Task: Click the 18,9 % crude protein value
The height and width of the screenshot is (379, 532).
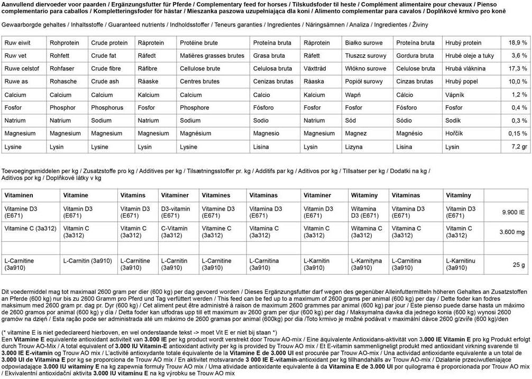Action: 518,43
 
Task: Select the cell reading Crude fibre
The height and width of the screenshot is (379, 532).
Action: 106,69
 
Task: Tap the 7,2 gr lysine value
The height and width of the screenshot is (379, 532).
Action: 518,147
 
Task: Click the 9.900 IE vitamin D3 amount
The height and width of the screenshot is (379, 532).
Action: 513,212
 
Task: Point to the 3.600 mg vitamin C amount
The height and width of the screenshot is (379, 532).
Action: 512,232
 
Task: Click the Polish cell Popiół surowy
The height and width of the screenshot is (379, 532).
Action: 364,82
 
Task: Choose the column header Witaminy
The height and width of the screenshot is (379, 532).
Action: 364,195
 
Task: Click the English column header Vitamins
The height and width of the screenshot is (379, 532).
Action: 133,195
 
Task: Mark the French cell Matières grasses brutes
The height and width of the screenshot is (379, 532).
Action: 212,56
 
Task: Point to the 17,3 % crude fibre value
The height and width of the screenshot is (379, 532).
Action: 518,69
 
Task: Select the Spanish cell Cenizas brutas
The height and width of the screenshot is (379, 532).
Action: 273,82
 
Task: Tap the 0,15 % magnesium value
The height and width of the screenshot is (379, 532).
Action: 517,134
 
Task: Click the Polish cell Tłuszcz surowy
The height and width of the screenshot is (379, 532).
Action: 364,56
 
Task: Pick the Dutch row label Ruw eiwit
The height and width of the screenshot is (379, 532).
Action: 17,43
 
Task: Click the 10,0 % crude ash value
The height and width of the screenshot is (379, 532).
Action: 518,82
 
